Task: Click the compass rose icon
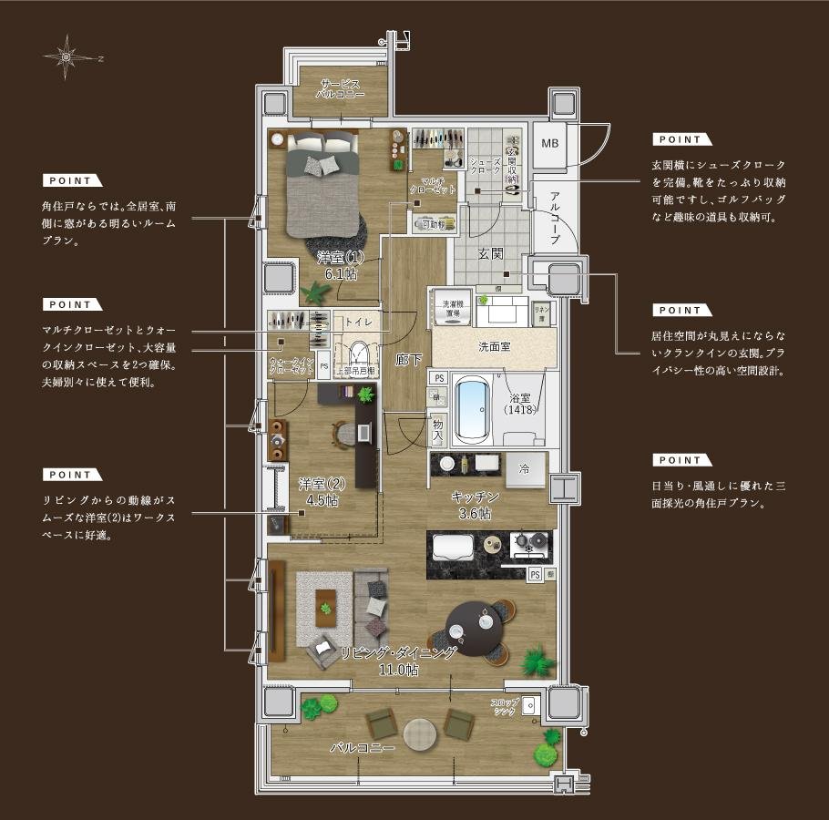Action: (x=67, y=56)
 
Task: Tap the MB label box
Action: (x=549, y=144)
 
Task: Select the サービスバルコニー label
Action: (x=340, y=89)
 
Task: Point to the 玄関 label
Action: (x=490, y=254)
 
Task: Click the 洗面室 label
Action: (x=494, y=347)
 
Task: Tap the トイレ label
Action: (x=357, y=322)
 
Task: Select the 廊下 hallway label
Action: (x=408, y=360)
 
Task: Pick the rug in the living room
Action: (x=324, y=609)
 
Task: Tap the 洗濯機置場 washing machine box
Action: (x=452, y=309)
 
